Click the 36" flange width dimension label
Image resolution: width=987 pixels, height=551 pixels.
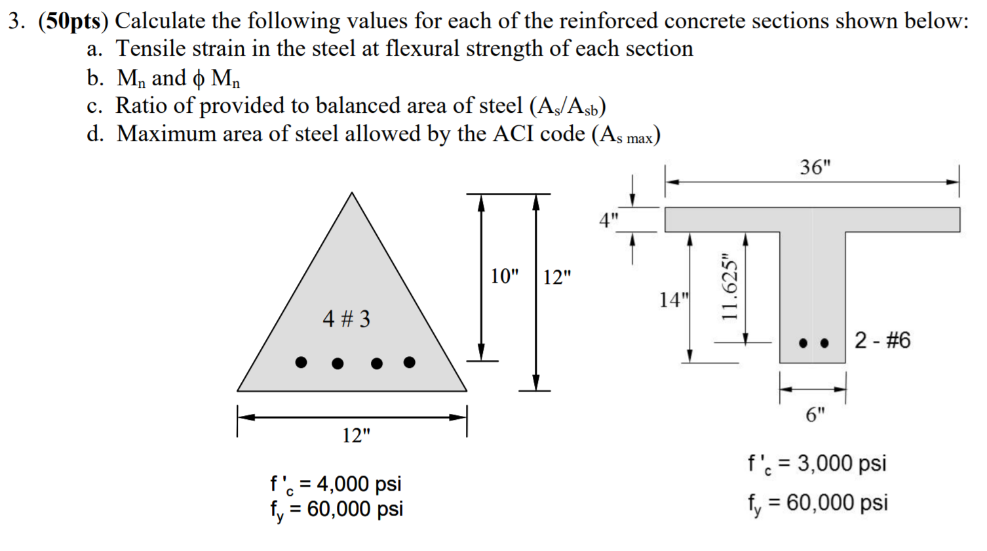coord(815,167)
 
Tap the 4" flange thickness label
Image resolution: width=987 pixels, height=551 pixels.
coord(608,220)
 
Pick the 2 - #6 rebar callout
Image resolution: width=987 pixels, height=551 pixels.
coord(882,340)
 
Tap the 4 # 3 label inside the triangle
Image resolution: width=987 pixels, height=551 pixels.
coord(346,319)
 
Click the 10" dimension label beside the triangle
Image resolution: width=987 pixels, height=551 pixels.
coord(504,276)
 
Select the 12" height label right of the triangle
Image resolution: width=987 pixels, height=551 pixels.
coord(557,277)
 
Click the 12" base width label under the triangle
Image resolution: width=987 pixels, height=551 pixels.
coord(356,435)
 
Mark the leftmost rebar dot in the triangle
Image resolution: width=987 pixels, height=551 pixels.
coord(301,362)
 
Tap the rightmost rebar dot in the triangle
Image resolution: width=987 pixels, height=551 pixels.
coord(410,362)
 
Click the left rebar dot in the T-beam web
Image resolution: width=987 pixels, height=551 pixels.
coord(803,342)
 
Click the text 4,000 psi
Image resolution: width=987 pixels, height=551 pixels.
coord(359,483)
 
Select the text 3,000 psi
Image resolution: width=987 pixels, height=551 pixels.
coord(842,463)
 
